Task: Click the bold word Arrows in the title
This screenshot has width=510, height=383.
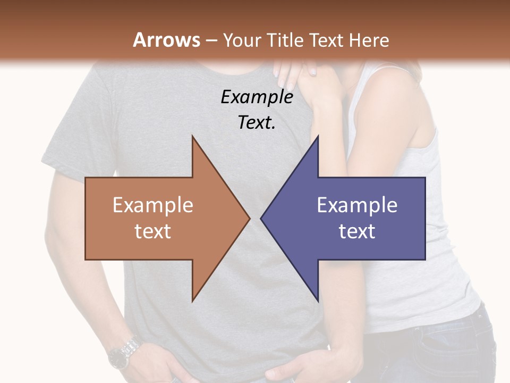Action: [167, 40]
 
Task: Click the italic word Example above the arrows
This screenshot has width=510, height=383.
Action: [257, 97]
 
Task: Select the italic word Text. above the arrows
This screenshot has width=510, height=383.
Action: [257, 123]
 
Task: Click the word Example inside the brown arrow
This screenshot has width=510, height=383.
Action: [152, 205]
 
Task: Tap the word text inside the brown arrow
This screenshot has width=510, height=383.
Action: [152, 231]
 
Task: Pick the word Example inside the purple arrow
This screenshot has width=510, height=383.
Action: [357, 205]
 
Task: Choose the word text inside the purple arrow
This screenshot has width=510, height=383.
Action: [357, 231]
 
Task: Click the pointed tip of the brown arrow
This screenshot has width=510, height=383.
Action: [248, 218]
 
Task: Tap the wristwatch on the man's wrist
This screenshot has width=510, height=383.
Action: [124, 352]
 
